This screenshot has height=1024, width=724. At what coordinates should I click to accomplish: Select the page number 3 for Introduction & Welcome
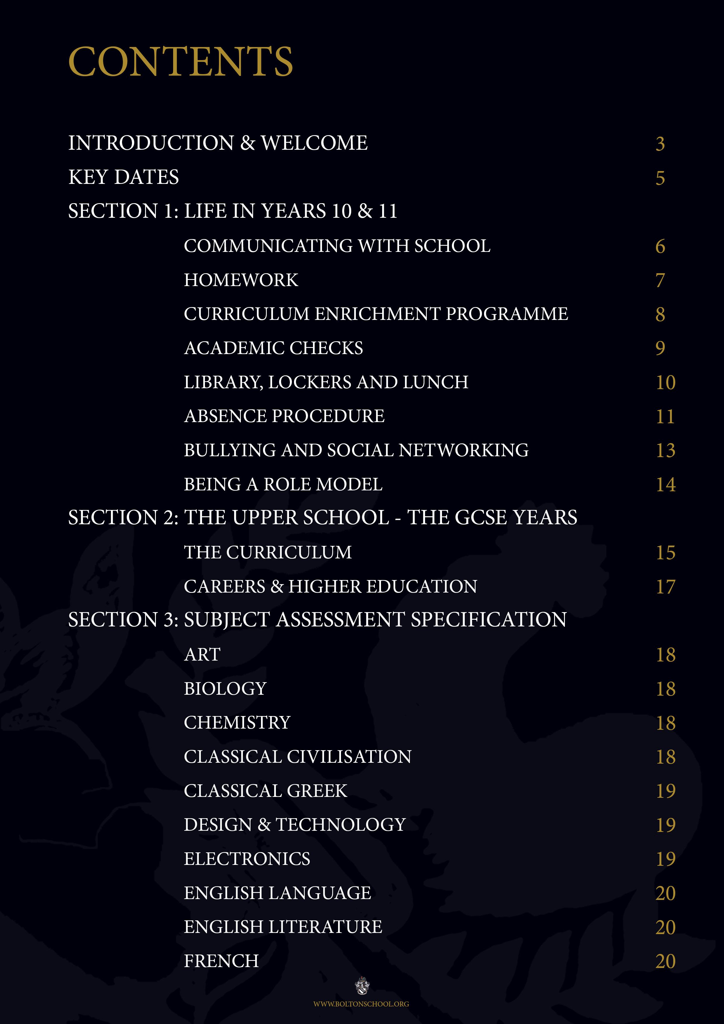[660, 144]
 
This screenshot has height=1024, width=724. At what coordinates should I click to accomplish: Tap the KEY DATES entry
[123, 177]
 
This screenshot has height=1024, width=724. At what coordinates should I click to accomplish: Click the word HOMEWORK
[241, 280]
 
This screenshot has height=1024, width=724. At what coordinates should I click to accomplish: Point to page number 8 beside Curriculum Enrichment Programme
[660, 314]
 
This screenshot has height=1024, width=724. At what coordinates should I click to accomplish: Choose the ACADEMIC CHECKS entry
[274, 348]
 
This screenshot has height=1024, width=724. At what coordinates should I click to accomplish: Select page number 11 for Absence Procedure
[665, 417]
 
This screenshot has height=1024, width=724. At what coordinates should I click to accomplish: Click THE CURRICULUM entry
[268, 553]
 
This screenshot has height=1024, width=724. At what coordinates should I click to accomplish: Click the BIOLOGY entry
[225, 689]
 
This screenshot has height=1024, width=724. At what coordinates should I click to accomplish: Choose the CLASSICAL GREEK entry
[265, 791]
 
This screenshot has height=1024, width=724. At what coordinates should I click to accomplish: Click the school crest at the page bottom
[362, 986]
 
